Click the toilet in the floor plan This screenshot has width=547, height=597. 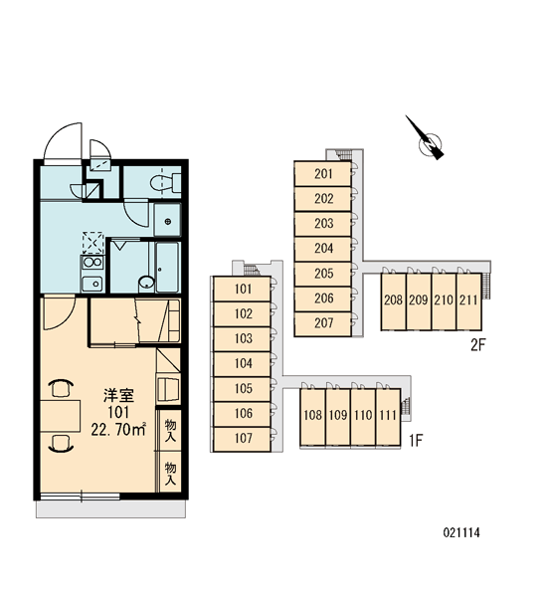[x=166, y=183]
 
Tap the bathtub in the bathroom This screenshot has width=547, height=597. [x=167, y=267]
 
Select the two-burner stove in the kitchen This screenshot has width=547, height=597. [x=92, y=263]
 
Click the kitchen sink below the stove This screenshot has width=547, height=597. [x=92, y=284]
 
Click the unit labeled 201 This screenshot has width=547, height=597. [x=323, y=173]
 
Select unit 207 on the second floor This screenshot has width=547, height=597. [x=323, y=323]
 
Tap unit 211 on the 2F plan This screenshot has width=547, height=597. [x=468, y=300]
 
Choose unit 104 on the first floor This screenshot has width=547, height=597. [x=242, y=364]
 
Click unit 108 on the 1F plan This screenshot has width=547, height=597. [x=312, y=416]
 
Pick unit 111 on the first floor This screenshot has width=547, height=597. [x=388, y=416]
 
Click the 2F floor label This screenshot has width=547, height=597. [x=478, y=345]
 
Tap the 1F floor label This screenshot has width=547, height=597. [x=416, y=441]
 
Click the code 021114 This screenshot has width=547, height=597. [x=461, y=532]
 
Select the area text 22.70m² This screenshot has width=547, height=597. [x=118, y=430]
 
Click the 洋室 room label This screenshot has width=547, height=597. [x=118, y=396]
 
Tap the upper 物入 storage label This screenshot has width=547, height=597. [x=170, y=430]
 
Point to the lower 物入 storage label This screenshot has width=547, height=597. [x=170, y=474]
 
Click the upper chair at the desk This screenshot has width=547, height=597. [x=60, y=388]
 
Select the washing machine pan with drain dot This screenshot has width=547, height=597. [x=167, y=220]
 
